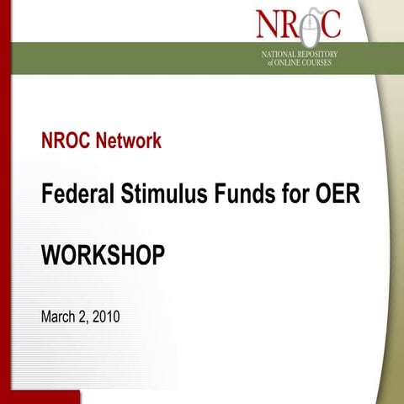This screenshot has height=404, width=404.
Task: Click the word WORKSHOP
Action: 103,255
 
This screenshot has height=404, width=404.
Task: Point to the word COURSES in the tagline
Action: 332,62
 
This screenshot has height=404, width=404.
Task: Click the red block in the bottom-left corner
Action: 39,396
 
